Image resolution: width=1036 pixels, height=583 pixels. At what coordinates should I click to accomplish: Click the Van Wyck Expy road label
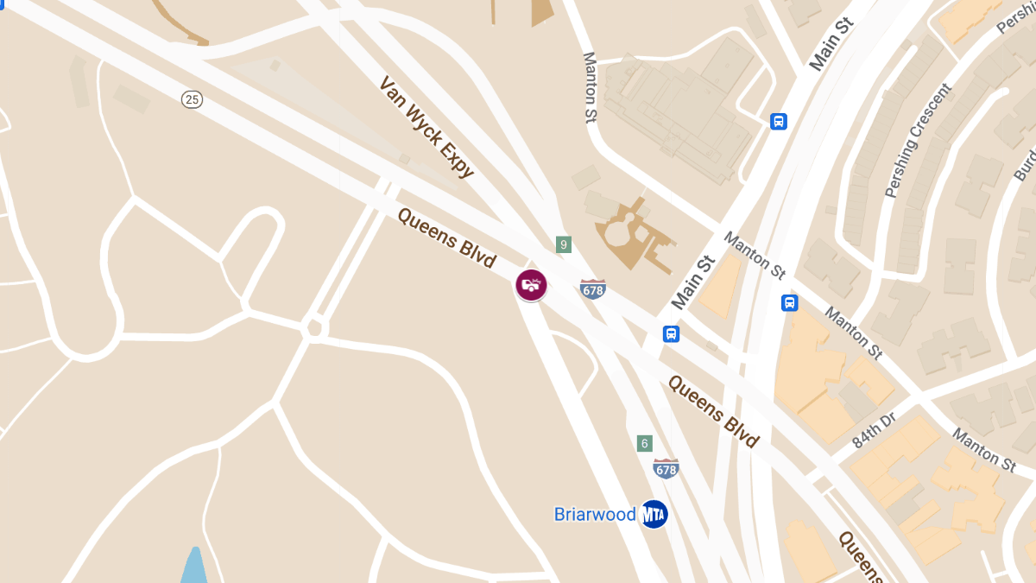(x=426, y=127)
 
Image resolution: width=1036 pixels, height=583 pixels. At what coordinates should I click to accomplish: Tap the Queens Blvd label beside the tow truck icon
(x=446, y=238)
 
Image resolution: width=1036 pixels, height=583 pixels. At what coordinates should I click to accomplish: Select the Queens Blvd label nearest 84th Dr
(x=713, y=411)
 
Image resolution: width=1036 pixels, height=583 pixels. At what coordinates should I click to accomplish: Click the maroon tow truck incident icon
(x=531, y=284)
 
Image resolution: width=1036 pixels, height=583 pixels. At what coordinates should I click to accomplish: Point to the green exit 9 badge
(x=564, y=245)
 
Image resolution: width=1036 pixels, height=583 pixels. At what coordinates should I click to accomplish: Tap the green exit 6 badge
(x=644, y=443)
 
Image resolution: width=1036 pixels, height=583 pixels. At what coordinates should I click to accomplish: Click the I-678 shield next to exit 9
(x=593, y=288)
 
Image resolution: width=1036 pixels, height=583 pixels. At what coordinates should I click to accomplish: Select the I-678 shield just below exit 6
(x=666, y=468)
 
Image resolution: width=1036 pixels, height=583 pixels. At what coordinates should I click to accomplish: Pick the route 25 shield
(x=192, y=99)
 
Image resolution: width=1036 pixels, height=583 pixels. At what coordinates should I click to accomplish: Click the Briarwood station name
(x=594, y=515)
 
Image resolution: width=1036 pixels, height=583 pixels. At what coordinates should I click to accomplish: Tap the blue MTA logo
(x=654, y=515)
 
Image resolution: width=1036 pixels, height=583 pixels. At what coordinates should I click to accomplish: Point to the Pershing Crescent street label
(x=917, y=140)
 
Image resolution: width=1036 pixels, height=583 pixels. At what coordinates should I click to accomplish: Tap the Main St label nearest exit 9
(x=695, y=282)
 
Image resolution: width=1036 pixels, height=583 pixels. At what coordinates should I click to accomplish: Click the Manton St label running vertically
(x=591, y=87)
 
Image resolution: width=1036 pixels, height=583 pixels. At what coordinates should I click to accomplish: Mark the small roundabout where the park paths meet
(x=315, y=328)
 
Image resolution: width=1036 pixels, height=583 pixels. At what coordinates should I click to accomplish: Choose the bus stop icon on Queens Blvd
(x=671, y=334)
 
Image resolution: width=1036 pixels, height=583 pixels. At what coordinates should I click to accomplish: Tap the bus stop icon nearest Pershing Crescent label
(x=779, y=122)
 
